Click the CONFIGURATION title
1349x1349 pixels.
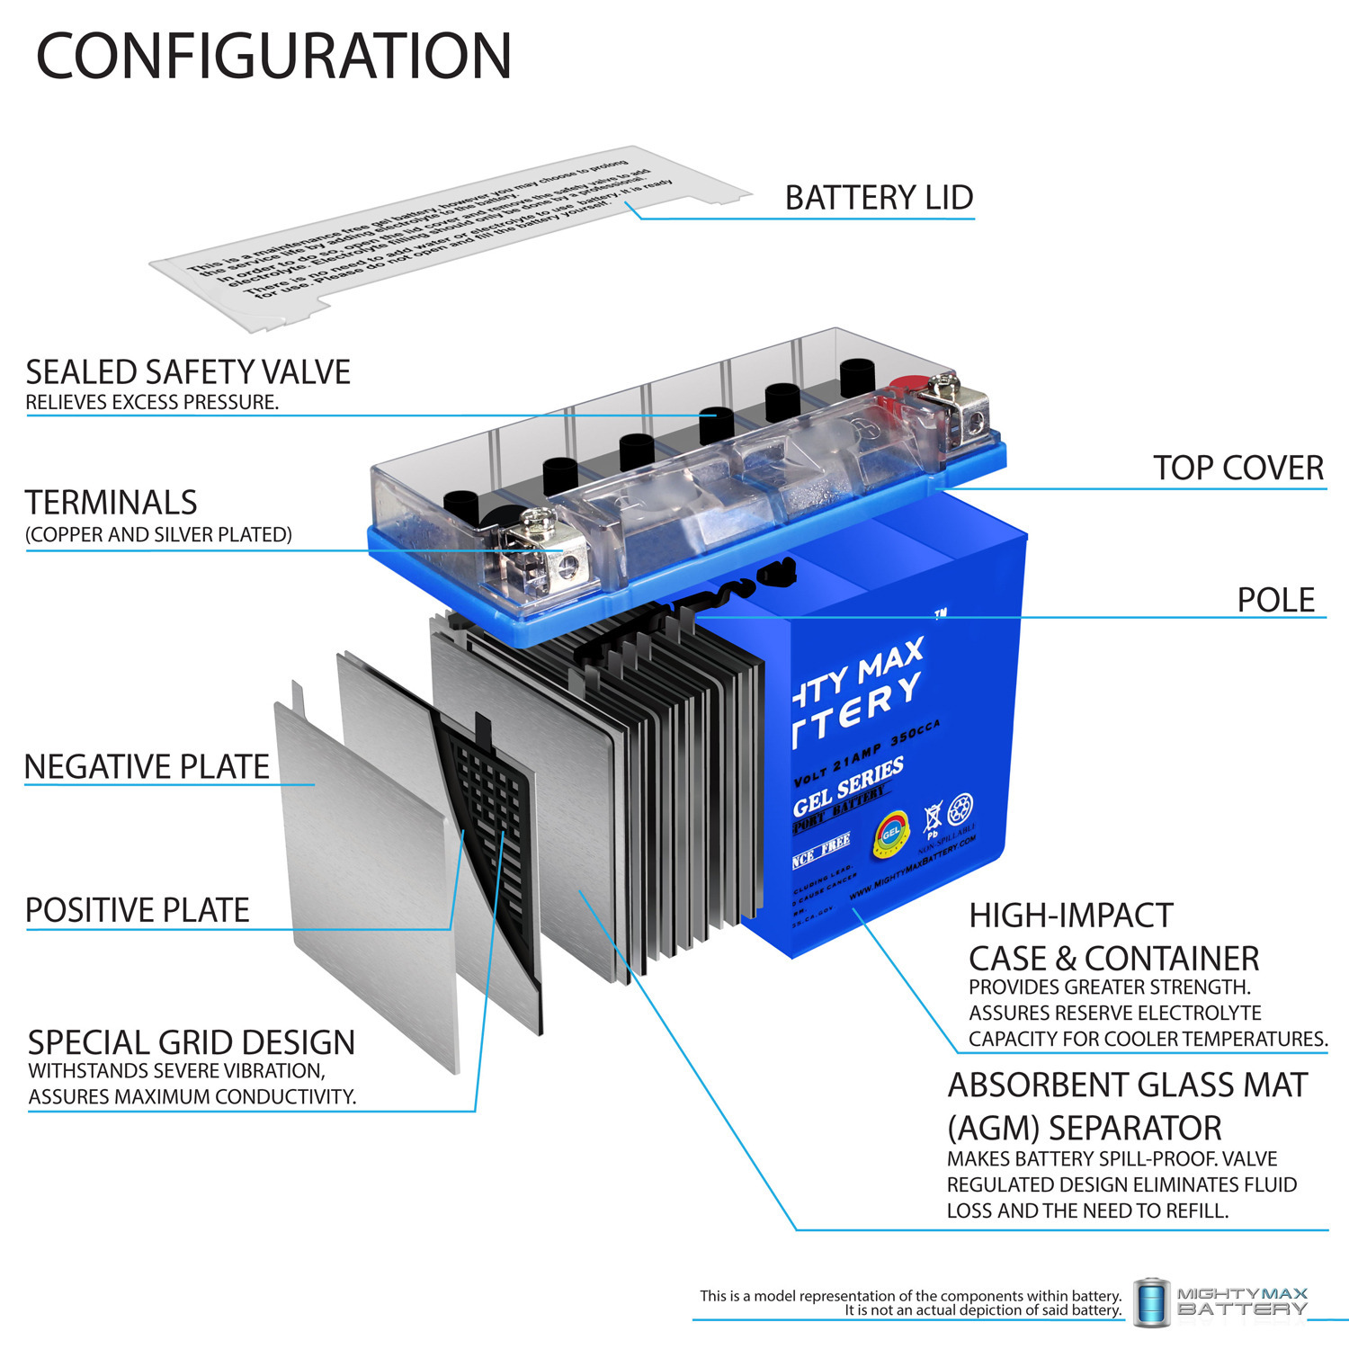[x=273, y=57]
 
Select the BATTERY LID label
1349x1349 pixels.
[x=879, y=198]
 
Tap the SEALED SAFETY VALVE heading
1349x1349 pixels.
[x=188, y=372]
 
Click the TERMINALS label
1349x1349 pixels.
[x=111, y=503]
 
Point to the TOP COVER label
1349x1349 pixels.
[x=1237, y=469]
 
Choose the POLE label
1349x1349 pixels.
[x=1275, y=601]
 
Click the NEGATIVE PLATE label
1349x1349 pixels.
[x=147, y=767]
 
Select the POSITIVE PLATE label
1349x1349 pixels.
[x=138, y=910]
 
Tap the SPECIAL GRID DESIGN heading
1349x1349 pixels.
[x=192, y=1043]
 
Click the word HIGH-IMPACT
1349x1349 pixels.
[x=1070, y=916]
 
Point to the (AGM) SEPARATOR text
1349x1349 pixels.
[x=1084, y=1129]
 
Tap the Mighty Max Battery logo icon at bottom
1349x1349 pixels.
[x=1151, y=1302]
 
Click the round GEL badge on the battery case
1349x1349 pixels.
[x=890, y=835]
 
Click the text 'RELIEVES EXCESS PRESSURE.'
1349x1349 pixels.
[x=152, y=403]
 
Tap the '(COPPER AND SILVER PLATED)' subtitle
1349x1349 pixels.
[x=158, y=535]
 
